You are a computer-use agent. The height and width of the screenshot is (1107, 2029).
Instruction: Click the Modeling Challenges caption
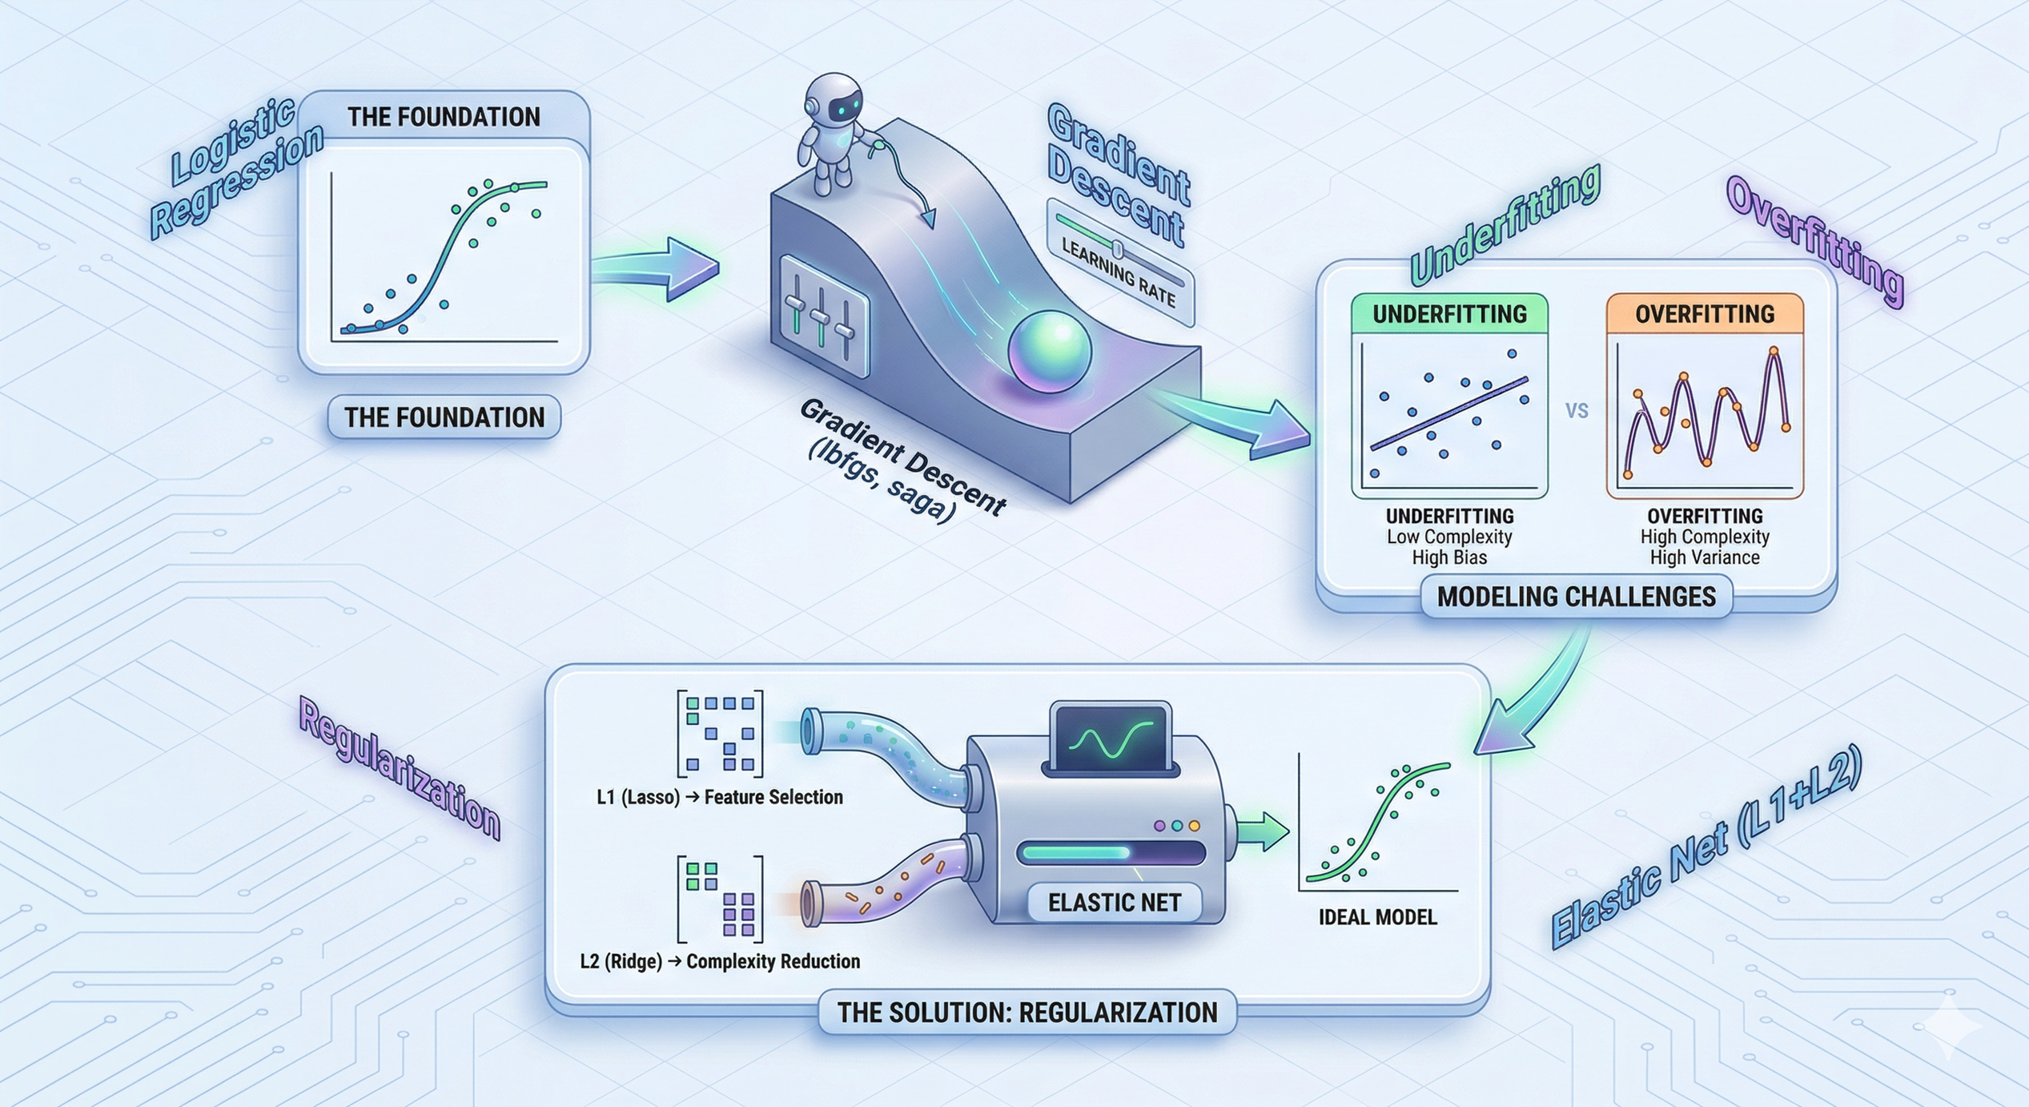(x=1576, y=597)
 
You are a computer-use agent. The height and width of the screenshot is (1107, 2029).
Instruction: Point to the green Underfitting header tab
(x=1449, y=314)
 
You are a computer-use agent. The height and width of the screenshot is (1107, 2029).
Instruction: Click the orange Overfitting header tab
(x=1705, y=314)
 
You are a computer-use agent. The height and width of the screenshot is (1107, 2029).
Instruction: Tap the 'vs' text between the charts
(x=1577, y=411)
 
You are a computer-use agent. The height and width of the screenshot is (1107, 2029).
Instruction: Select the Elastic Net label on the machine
(x=1114, y=904)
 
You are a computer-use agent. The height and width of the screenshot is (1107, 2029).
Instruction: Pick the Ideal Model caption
(x=1377, y=917)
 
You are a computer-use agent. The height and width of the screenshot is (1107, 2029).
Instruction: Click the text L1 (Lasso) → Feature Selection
(x=719, y=797)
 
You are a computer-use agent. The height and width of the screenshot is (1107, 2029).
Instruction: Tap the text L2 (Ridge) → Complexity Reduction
(x=719, y=961)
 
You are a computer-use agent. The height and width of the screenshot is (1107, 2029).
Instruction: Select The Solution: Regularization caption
(x=1027, y=1012)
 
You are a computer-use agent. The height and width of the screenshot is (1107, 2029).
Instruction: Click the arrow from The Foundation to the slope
(x=657, y=268)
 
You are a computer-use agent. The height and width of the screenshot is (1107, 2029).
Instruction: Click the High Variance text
(x=1705, y=558)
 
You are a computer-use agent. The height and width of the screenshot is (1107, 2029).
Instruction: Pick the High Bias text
(x=1449, y=558)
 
